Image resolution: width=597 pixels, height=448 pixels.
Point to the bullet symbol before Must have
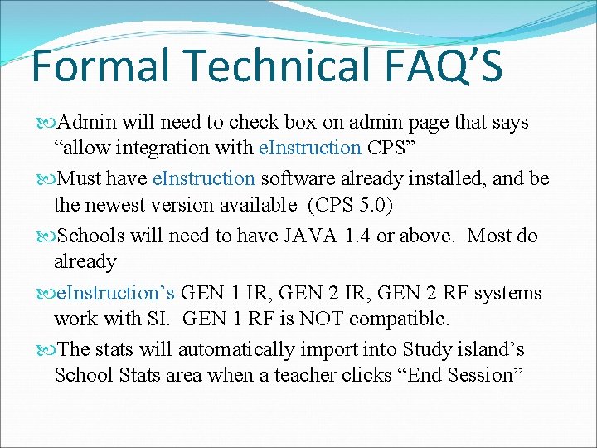46,179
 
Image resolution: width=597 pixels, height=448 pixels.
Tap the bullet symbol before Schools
46,236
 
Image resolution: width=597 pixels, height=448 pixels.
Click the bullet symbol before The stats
46,349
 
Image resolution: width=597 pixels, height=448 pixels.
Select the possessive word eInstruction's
116,293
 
